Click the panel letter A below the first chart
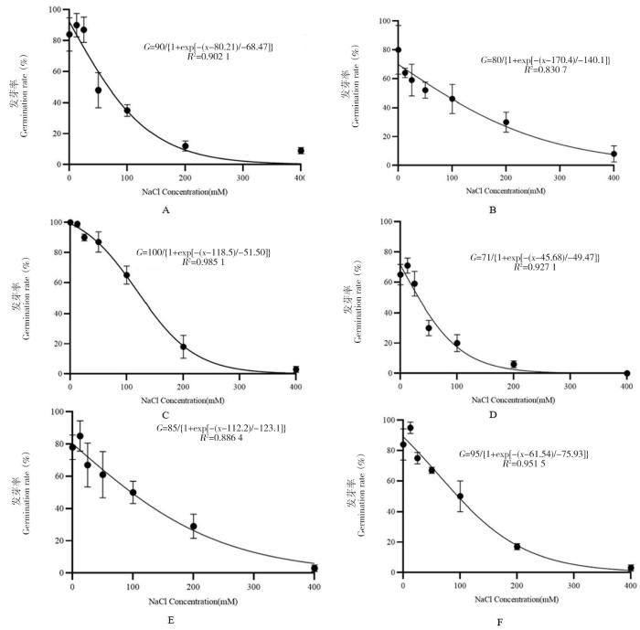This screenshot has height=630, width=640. [165, 209]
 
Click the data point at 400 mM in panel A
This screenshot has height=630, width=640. [301, 150]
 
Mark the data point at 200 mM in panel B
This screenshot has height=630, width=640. [506, 123]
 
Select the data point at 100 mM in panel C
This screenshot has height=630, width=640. [126, 275]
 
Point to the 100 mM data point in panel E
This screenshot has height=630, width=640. [133, 492]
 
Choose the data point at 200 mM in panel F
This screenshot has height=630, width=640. [517, 546]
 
